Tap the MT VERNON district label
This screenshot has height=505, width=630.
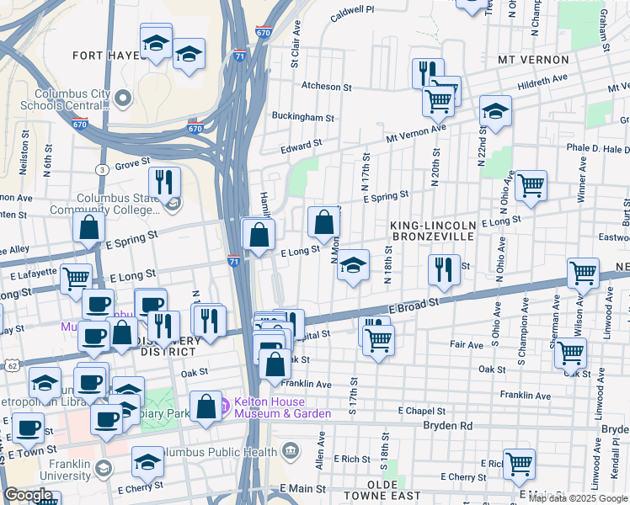click(533, 61)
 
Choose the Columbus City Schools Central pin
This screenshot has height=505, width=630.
click(124, 99)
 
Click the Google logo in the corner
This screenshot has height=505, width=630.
click(29, 495)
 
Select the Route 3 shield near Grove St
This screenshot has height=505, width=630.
click(101, 169)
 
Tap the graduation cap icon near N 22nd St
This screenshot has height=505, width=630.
click(495, 110)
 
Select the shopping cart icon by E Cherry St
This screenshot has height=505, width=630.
click(519, 464)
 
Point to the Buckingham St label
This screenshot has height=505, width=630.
click(296, 116)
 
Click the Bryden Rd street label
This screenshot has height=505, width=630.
click(447, 426)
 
